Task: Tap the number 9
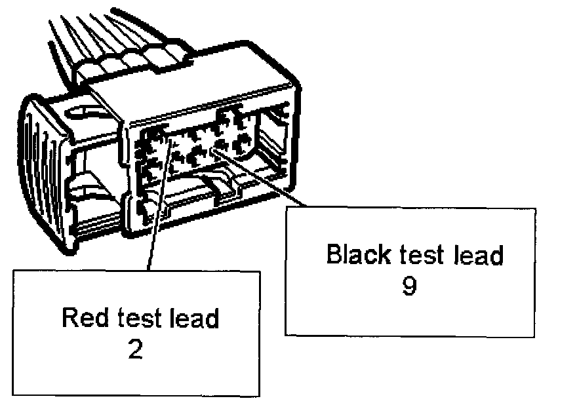pos(408,286)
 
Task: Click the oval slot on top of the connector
pos(85,112)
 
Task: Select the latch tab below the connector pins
pos(223,185)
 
